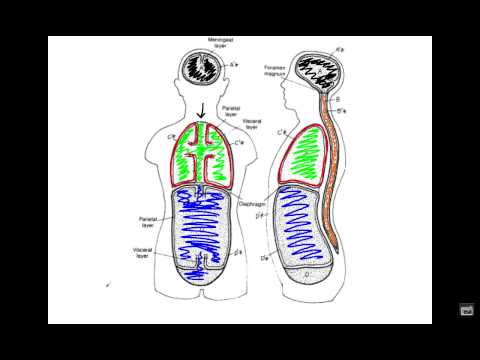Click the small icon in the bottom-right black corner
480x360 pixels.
pos(466,310)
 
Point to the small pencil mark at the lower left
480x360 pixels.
pos(109,284)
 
